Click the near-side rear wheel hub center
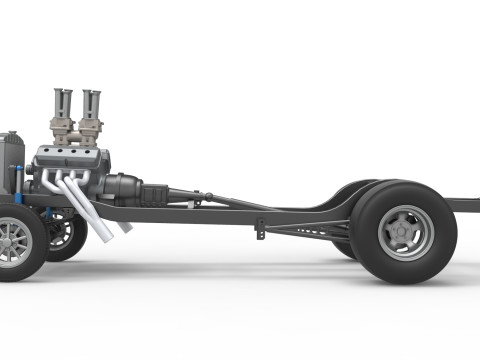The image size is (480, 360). (406, 233)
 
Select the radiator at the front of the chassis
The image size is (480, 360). (11, 160)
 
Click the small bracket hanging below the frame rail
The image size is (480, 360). (260, 231)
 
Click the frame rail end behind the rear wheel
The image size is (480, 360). (465, 205)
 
